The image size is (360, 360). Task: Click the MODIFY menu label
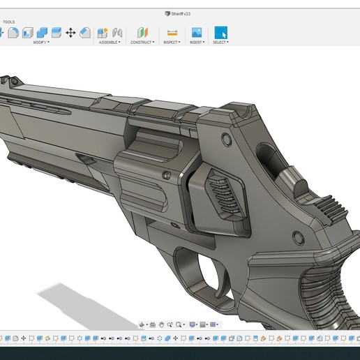tap(40, 42)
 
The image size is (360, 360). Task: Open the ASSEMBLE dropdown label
tap(109, 42)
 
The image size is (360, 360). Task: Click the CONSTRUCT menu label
tap(142, 42)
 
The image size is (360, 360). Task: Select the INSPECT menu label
tap(171, 42)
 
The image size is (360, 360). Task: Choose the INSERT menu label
tap(196, 42)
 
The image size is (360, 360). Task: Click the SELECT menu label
tap(220, 42)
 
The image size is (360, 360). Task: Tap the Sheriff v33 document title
tap(179, 13)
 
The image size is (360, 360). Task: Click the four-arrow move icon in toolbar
tap(70, 32)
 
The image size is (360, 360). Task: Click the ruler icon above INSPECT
tap(172, 32)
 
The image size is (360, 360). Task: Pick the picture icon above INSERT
tap(197, 32)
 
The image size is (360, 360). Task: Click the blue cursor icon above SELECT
tap(220, 32)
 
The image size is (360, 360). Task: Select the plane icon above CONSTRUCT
tap(142, 32)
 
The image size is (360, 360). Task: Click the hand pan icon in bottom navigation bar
tap(161, 324)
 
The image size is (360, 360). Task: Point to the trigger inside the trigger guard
tap(210, 264)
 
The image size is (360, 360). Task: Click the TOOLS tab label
tap(9, 22)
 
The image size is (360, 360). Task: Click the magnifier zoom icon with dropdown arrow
tap(179, 324)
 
